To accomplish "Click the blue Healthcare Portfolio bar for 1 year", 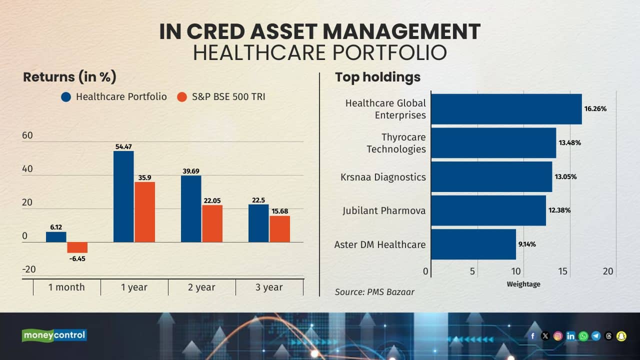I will coord(123,196).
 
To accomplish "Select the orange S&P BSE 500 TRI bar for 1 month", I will coord(77,247).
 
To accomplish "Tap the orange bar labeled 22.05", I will coord(212,223).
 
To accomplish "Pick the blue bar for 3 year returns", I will coord(258,223).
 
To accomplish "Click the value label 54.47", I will coord(123,146).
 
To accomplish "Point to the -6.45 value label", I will coord(77,258).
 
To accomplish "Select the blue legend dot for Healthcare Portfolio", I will coord(66,97).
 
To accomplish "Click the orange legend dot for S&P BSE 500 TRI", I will coord(182,97).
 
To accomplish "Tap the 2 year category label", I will coord(201,287).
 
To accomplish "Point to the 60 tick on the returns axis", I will coord(27,136).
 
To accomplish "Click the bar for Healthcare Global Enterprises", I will coord(506,109).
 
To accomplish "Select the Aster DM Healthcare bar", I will coord(473,244).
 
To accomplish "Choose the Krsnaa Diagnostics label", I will coord(383,177).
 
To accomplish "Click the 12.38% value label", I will coord(559,210).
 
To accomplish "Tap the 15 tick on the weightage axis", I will coord(562,271).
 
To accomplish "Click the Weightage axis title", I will coord(523,284).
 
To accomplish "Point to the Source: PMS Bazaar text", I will coord(374,291).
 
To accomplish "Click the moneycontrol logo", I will coord(54,335).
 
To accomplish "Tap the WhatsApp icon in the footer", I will coord(583,336).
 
